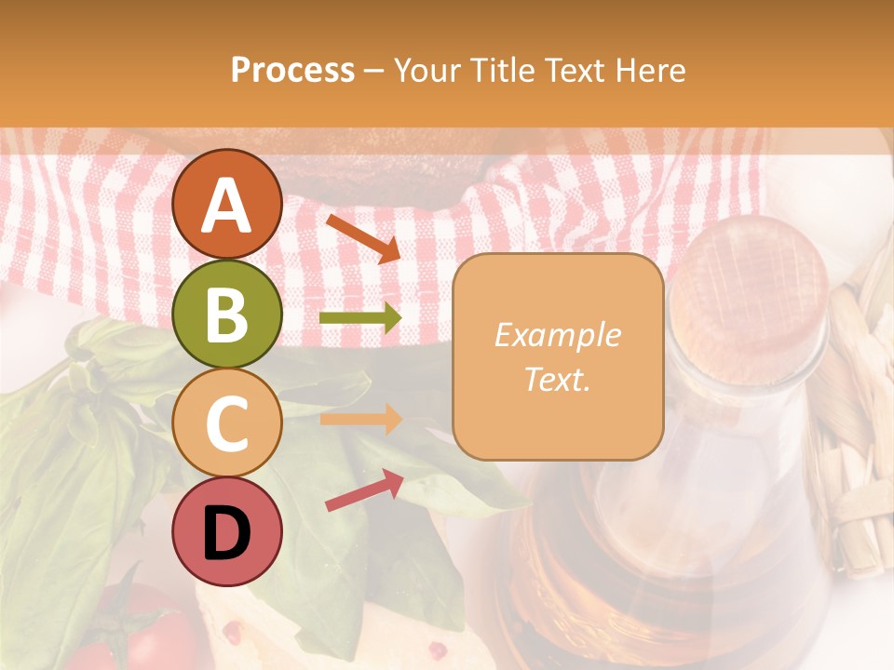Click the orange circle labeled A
pos(227,204)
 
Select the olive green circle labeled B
pos(227,314)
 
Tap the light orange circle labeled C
pos(227,422)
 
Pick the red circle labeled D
pos(227,531)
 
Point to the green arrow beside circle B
pos(360,318)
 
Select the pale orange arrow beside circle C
pos(360,419)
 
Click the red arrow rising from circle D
pos(364,490)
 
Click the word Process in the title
pos(292,70)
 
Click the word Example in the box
pos(558,335)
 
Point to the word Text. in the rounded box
pos(558,379)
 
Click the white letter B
pos(227,315)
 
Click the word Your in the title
pos(425,70)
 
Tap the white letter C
pos(227,424)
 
